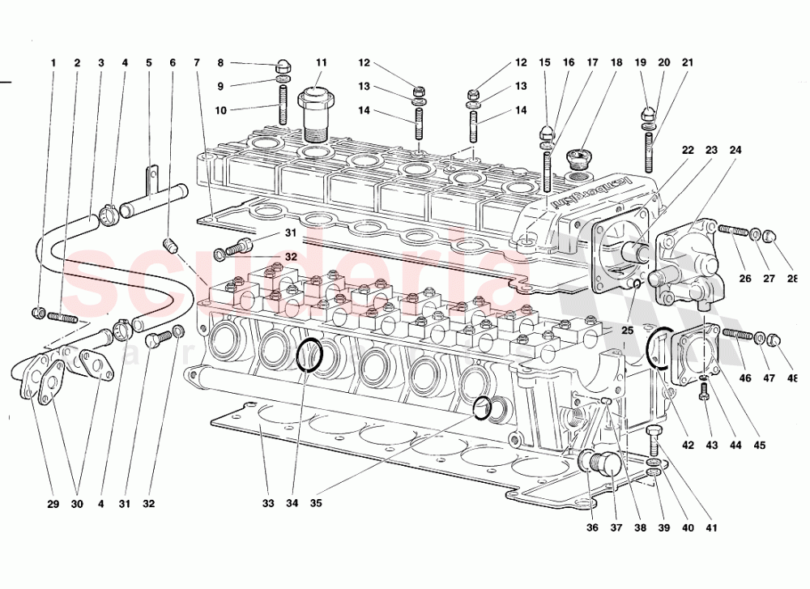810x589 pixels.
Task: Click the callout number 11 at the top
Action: pyautogui.click(x=321, y=62)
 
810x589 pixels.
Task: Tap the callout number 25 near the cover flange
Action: pyautogui.click(x=629, y=308)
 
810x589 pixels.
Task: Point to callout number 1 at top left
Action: pyautogui.click(x=53, y=62)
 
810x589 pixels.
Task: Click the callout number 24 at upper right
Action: pyautogui.click(x=735, y=151)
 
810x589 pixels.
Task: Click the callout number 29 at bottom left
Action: pyautogui.click(x=53, y=503)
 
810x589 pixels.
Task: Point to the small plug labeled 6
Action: pyautogui.click(x=169, y=245)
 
